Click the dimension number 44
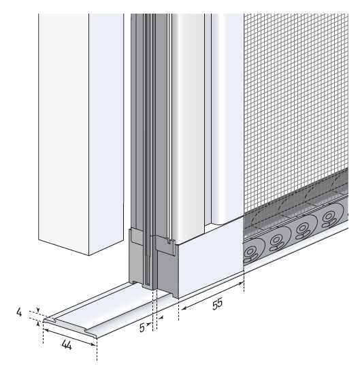click(67, 345)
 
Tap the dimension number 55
click(217, 304)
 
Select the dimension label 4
click(19, 312)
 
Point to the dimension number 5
click(142, 327)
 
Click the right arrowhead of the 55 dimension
click(242, 284)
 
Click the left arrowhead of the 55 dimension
click(184, 309)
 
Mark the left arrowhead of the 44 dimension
click(46, 331)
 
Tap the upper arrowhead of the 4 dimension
click(39, 310)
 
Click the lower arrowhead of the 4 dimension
click(39, 323)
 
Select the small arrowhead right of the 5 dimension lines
click(161, 318)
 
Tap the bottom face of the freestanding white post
click(81, 247)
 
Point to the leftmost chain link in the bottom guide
click(250, 253)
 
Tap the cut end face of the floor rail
click(70, 327)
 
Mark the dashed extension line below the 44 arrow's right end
click(97, 350)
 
